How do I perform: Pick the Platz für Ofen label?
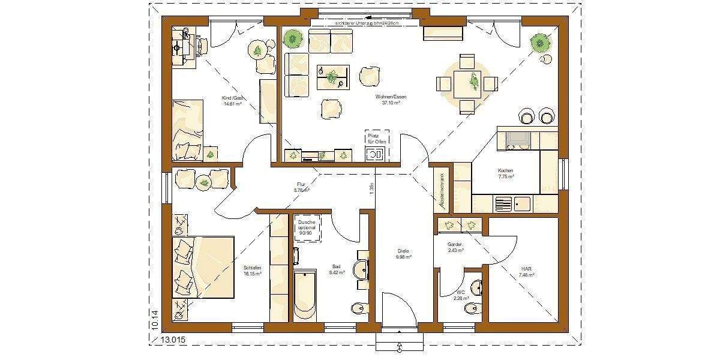[x=374, y=139]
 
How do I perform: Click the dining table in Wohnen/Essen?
[x=467, y=83]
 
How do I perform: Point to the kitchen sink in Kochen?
[x=503, y=204]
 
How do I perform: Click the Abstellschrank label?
[x=442, y=191]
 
